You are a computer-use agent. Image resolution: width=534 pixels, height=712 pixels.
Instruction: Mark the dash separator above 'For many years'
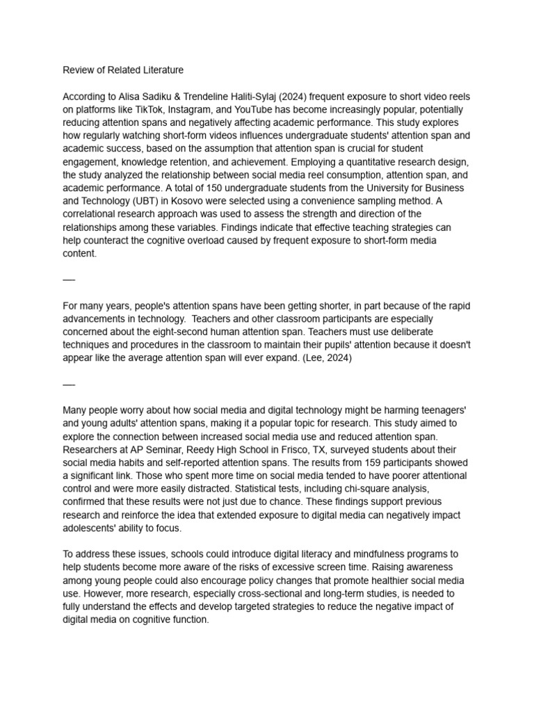click(x=68, y=280)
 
